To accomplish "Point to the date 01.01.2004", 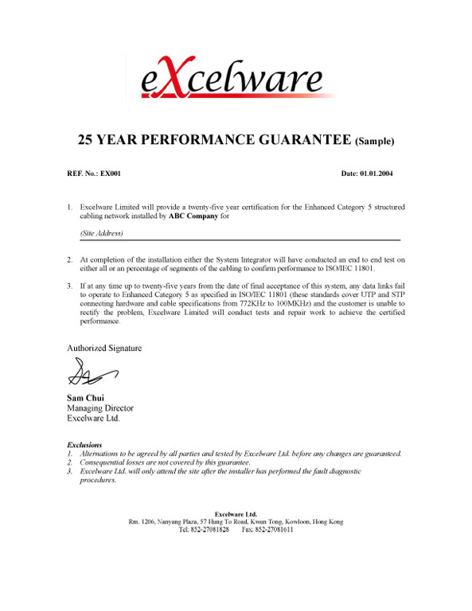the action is click(x=377, y=173).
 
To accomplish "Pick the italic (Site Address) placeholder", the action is click(x=102, y=234).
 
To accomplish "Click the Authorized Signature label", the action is click(x=104, y=348).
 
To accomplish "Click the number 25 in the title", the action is click(x=87, y=141).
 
